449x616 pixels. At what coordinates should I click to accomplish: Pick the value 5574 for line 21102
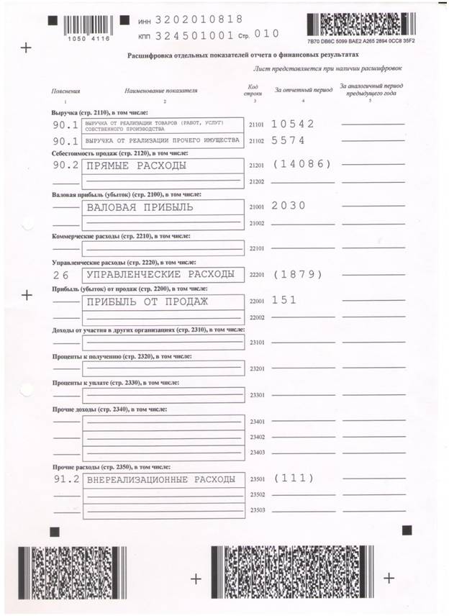(x=289, y=140)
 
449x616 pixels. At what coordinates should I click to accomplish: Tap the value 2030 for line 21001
(x=289, y=206)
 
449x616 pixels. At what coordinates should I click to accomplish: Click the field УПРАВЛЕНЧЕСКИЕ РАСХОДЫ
(x=160, y=274)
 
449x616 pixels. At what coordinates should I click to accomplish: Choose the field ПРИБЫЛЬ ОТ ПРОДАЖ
(x=147, y=302)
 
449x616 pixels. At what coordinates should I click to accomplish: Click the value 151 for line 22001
(x=284, y=301)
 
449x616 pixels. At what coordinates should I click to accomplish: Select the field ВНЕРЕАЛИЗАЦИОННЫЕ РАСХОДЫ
(x=160, y=479)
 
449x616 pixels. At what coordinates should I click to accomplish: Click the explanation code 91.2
(x=65, y=479)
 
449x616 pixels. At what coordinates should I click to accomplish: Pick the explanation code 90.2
(x=65, y=166)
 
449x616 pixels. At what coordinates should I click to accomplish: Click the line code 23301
(x=257, y=395)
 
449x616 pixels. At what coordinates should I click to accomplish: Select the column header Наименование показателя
(x=160, y=91)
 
